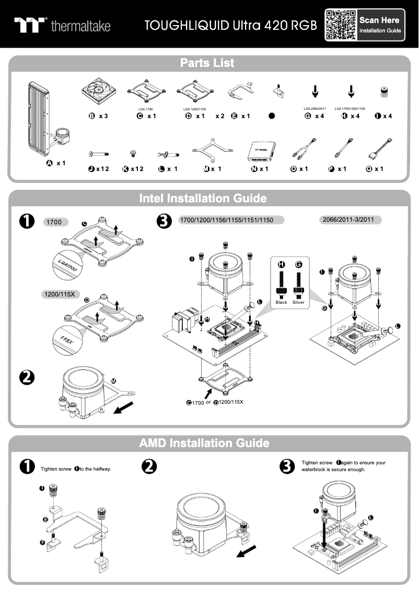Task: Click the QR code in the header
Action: click(x=341, y=25)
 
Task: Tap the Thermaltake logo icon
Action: click(x=30, y=25)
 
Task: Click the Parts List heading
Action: click(x=207, y=63)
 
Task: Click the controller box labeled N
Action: click(x=260, y=151)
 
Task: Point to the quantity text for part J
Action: click(x=102, y=169)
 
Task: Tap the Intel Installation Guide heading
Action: click(x=203, y=199)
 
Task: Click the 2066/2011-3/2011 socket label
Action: click(x=350, y=220)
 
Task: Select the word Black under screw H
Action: click(x=281, y=302)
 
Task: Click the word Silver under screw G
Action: click(x=299, y=302)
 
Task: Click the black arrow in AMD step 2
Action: click(x=247, y=551)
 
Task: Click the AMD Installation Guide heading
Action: click(x=204, y=443)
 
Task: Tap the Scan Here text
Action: click(x=379, y=20)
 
